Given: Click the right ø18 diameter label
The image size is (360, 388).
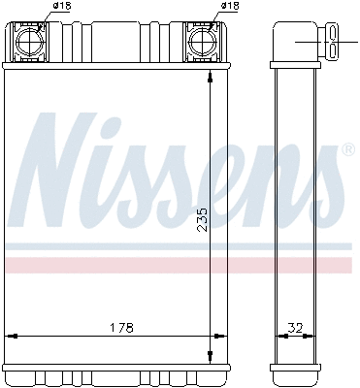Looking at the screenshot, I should [x=230, y=7].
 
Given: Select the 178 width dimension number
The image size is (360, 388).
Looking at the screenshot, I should [x=120, y=327].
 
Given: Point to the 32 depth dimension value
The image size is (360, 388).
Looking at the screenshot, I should [x=297, y=327].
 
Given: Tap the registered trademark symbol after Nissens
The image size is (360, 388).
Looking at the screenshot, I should [x=347, y=150].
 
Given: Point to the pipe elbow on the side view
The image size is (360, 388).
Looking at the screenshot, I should [x=291, y=39].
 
